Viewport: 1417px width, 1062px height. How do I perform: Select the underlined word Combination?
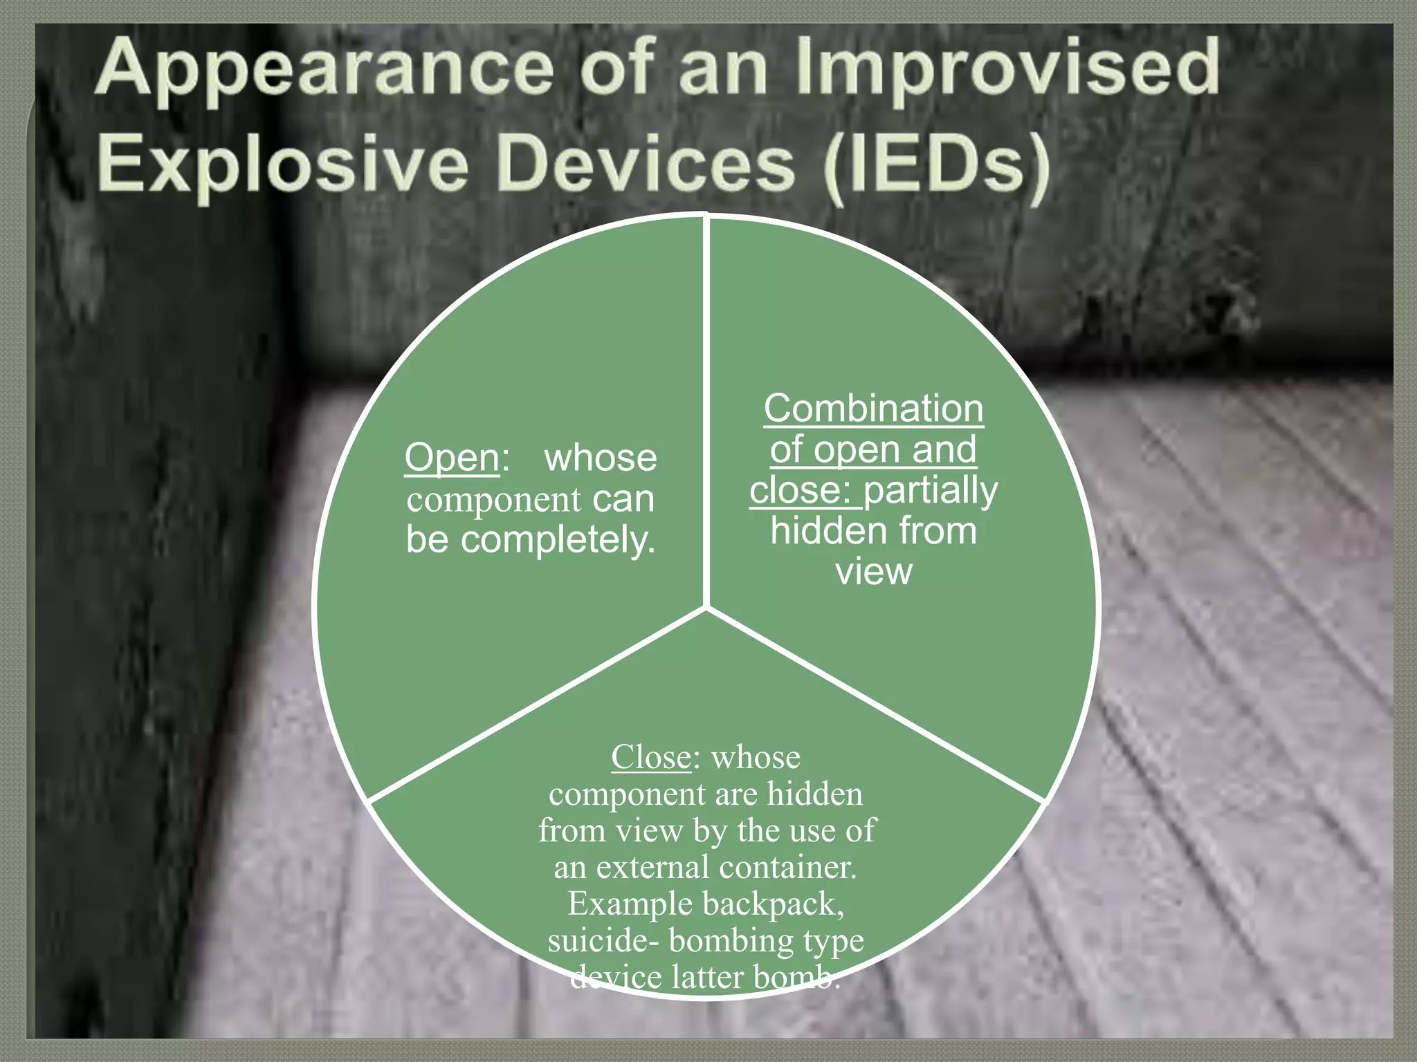click(873, 409)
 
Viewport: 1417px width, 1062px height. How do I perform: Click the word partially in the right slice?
click(931, 490)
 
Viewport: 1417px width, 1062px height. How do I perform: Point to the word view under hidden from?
click(873, 572)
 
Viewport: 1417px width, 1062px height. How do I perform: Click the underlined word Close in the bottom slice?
click(650, 757)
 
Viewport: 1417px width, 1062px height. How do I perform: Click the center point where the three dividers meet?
click(706, 608)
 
